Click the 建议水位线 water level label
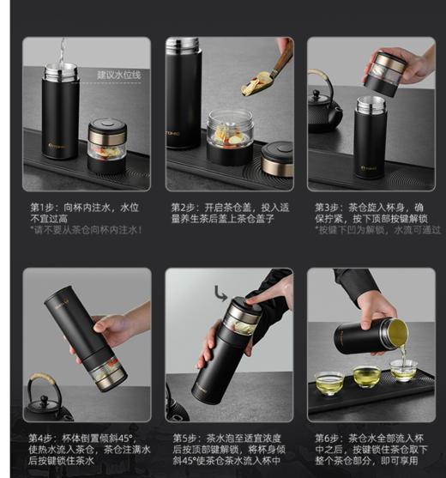(x=119, y=75)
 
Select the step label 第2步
(x=184, y=207)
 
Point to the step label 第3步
(x=325, y=207)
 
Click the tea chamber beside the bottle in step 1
(x=107, y=147)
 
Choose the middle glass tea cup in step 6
(x=368, y=376)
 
